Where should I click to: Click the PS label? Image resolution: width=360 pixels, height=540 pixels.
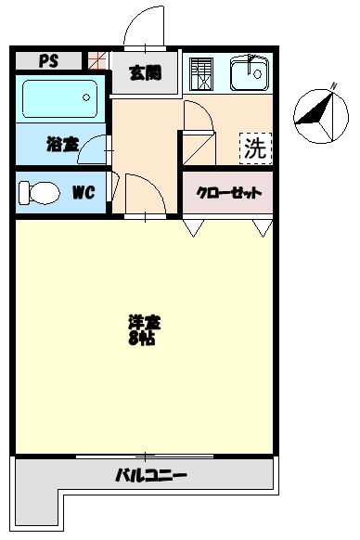[x=48, y=61]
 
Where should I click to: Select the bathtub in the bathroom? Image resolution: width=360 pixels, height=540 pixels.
[x=58, y=97]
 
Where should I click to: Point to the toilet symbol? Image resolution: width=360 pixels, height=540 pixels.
[x=38, y=192]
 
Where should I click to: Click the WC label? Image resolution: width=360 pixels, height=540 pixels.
[x=83, y=193]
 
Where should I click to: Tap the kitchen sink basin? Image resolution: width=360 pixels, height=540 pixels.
[x=248, y=71]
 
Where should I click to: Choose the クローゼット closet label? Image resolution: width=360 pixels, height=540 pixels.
[x=228, y=194]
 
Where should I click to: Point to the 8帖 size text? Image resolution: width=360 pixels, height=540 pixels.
[x=142, y=340]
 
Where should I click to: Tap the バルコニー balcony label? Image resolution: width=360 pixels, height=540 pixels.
[x=151, y=477]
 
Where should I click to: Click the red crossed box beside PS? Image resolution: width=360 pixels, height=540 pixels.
[x=96, y=61]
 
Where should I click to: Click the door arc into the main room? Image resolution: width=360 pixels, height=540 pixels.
[x=144, y=193]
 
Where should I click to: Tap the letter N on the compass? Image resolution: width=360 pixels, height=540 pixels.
[x=332, y=85]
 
